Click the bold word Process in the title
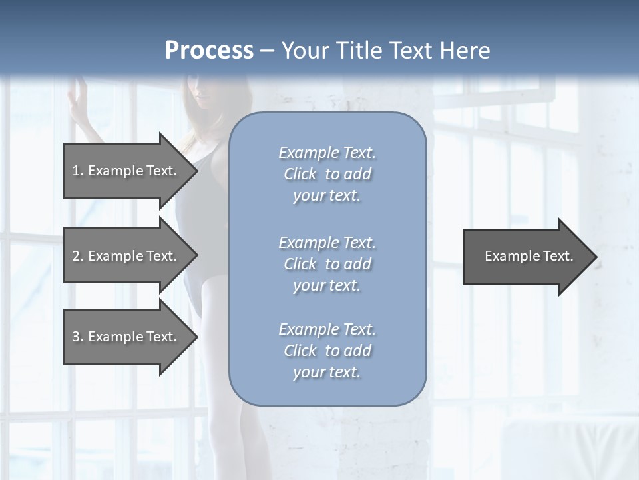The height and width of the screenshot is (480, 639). tap(209, 51)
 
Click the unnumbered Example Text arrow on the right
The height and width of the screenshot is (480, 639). tap(529, 256)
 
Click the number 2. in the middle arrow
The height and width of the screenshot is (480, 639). tap(77, 256)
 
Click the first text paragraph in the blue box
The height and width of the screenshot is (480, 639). tap(327, 174)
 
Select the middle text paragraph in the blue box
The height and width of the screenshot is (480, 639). tap(327, 264)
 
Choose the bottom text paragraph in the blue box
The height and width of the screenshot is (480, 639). tap(327, 351)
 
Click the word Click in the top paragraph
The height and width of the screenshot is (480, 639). tap(300, 174)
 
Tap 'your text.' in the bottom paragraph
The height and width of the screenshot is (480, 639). tap(327, 372)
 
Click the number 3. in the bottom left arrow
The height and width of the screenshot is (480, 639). tap(77, 337)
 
